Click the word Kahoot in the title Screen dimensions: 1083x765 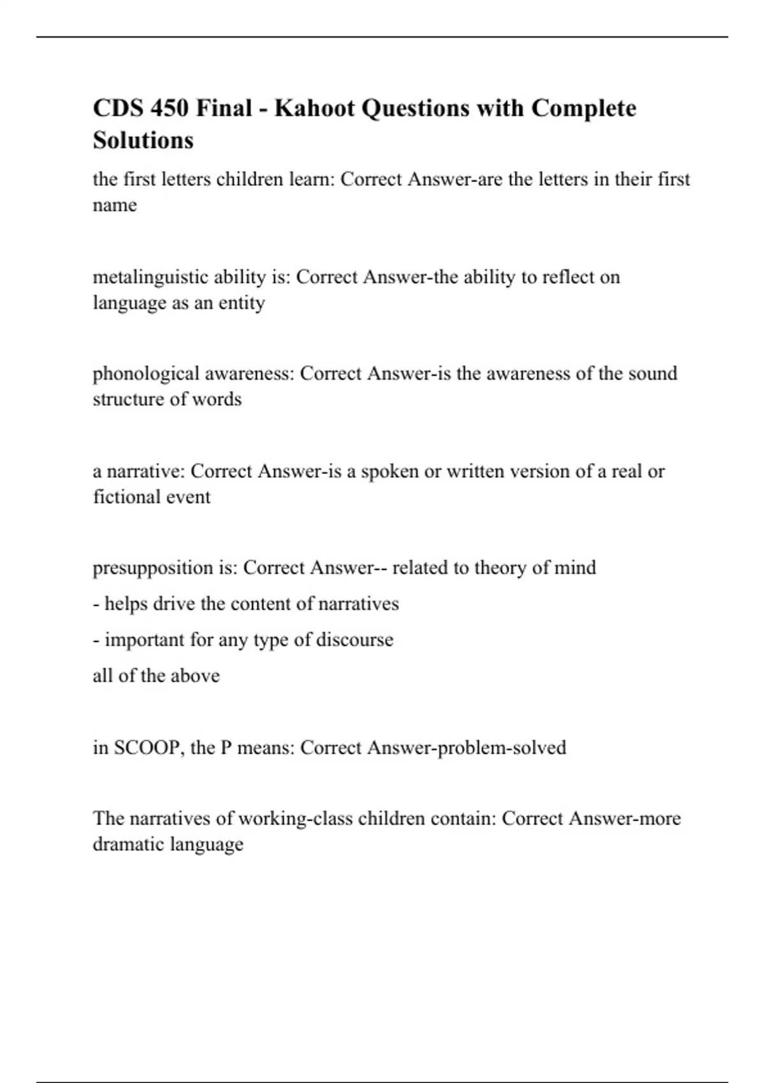click(314, 108)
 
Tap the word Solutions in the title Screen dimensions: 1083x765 click(143, 140)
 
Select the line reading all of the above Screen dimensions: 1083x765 click(156, 675)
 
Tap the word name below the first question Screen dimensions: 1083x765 click(115, 205)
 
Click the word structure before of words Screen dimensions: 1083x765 click(129, 399)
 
